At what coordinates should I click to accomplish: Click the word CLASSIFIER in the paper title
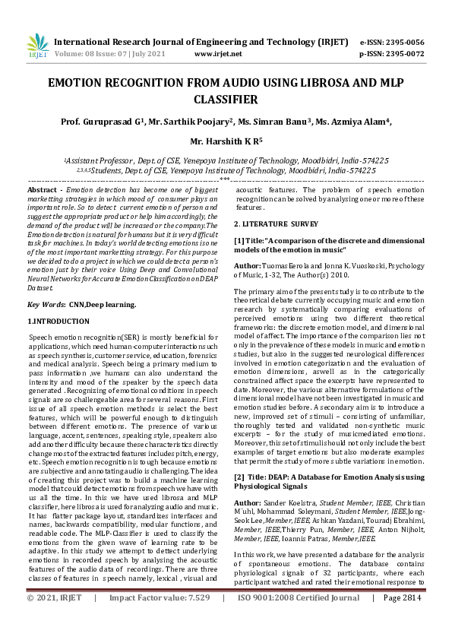226,99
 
